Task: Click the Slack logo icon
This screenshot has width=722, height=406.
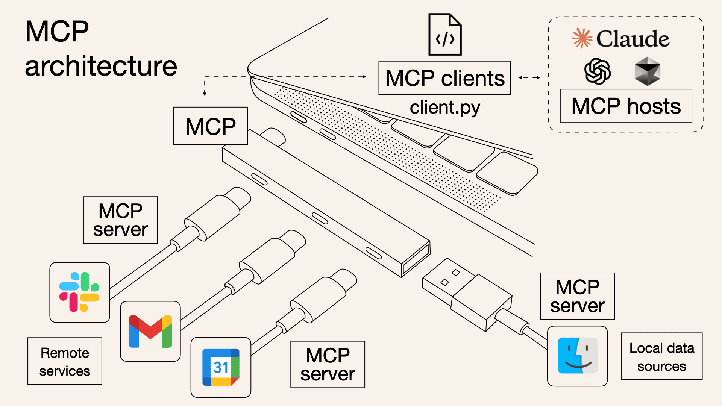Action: [79, 292]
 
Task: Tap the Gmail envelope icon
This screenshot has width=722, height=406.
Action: [150, 331]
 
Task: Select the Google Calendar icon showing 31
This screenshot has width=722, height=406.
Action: [221, 367]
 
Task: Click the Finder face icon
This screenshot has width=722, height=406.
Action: [577, 356]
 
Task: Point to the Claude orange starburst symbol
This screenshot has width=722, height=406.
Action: [582, 38]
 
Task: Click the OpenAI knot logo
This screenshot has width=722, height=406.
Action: [597, 71]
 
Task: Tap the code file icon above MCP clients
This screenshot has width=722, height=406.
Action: [445, 35]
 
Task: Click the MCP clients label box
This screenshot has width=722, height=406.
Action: [444, 78]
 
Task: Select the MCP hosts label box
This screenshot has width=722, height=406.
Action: [626, 106]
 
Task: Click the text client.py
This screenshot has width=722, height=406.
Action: [444, 108]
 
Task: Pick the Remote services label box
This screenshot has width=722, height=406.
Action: [65, 361]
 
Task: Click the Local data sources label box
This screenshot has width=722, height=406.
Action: [661, 356]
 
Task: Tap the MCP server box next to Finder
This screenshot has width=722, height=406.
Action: [577, 296]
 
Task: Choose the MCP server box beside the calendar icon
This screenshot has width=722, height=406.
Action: [328, 364]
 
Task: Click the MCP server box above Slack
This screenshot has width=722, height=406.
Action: [120, 220]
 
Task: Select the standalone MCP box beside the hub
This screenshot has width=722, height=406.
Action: [210, 126]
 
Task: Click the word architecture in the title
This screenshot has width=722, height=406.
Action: [101, 66]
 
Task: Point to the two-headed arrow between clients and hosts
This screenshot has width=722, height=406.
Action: [529, 78]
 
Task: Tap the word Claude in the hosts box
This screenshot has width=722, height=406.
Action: [633, 39]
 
